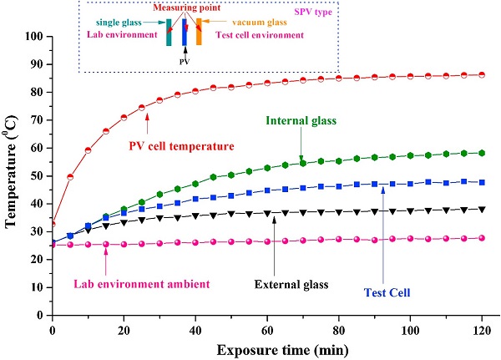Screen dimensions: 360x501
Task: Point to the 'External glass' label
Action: (289, 284)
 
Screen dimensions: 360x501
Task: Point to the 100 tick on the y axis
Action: (34, 37)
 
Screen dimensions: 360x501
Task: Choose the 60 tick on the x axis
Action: (266, 326)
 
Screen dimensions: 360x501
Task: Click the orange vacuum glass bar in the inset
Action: (199, 33)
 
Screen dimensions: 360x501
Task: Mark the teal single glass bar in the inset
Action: (169, 33)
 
